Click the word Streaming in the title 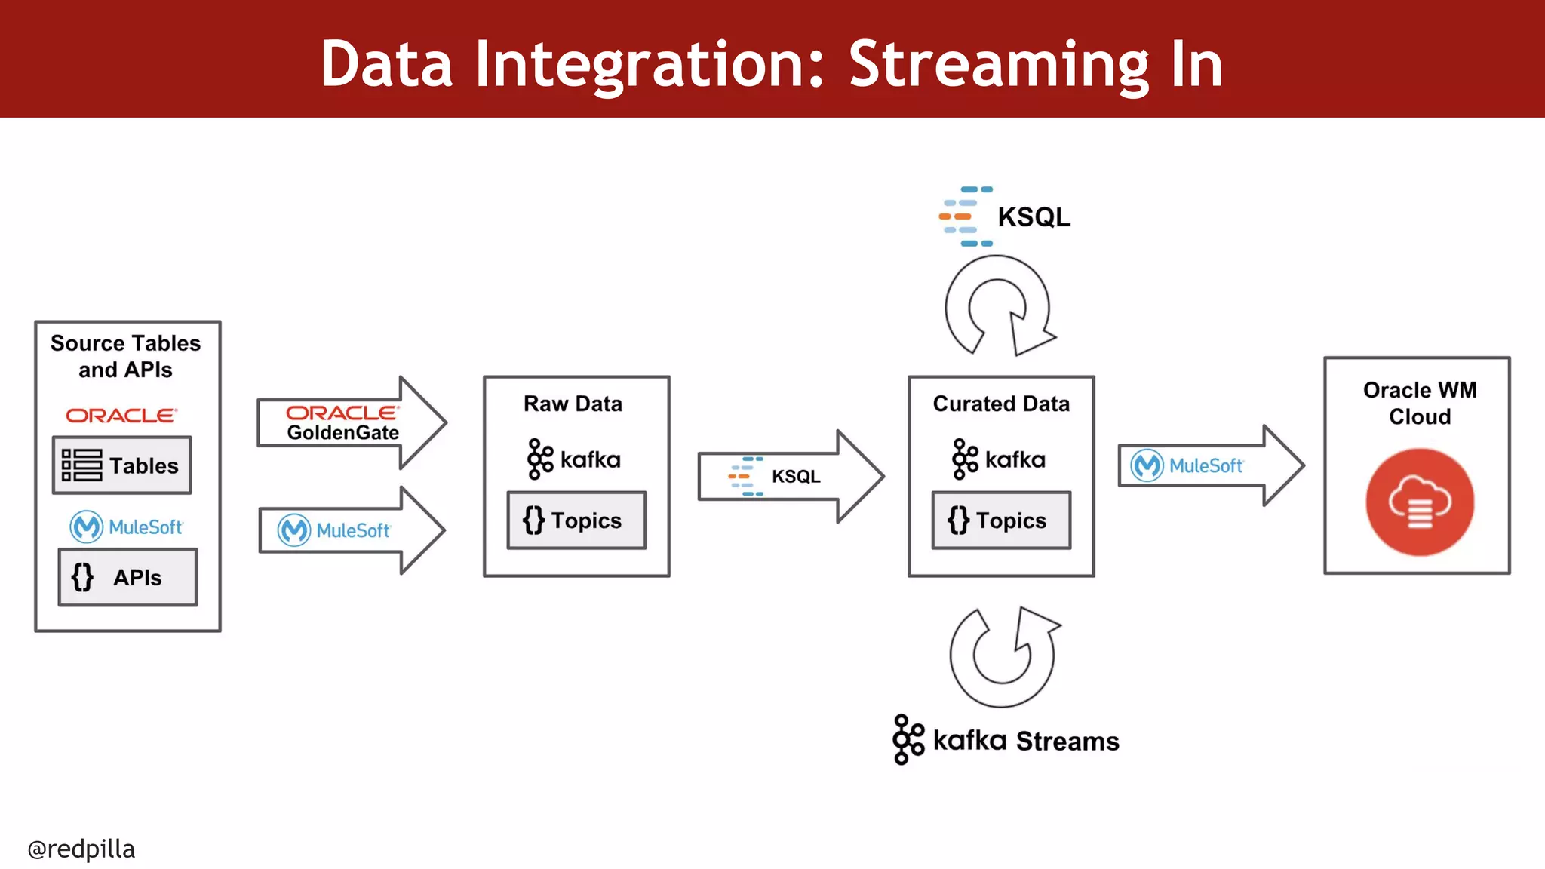(997, 65)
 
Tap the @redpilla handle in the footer (81, 849)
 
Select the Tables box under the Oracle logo (121, 465)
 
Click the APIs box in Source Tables (127, 577)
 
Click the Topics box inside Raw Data (576, 520)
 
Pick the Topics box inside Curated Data (1001, 520)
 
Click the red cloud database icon (1419, 502)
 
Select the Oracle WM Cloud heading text (1419, 403)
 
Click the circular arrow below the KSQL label (997, 306)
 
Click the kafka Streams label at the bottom (1006, 740)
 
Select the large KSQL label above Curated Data (1006, 216)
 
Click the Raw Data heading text (573, 404)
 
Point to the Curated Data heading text (1001, 404)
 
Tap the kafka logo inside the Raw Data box (573, 459)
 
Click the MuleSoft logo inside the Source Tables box (126, 527)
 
